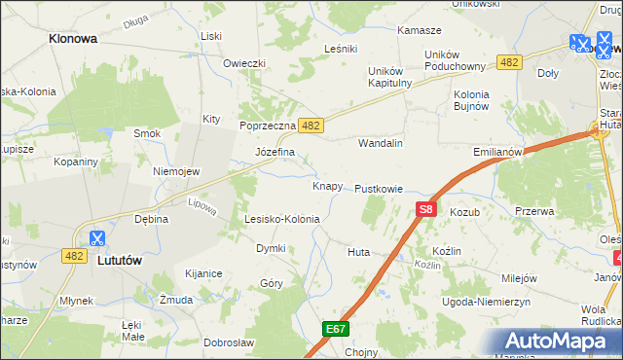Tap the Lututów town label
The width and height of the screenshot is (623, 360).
pyautogui.click(x=122, y=260)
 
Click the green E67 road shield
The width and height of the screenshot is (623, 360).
pyautogui.click(x=336, y=330)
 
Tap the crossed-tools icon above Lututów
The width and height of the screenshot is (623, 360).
pyautogui.click(x=98, y=237)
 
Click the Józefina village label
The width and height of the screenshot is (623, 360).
pyautogui.click(x=275, y=153)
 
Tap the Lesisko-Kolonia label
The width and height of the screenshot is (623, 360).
pyautogui.click(x=282, y=219)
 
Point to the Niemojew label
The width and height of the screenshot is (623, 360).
pyautogui.click(x=176, y=171)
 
